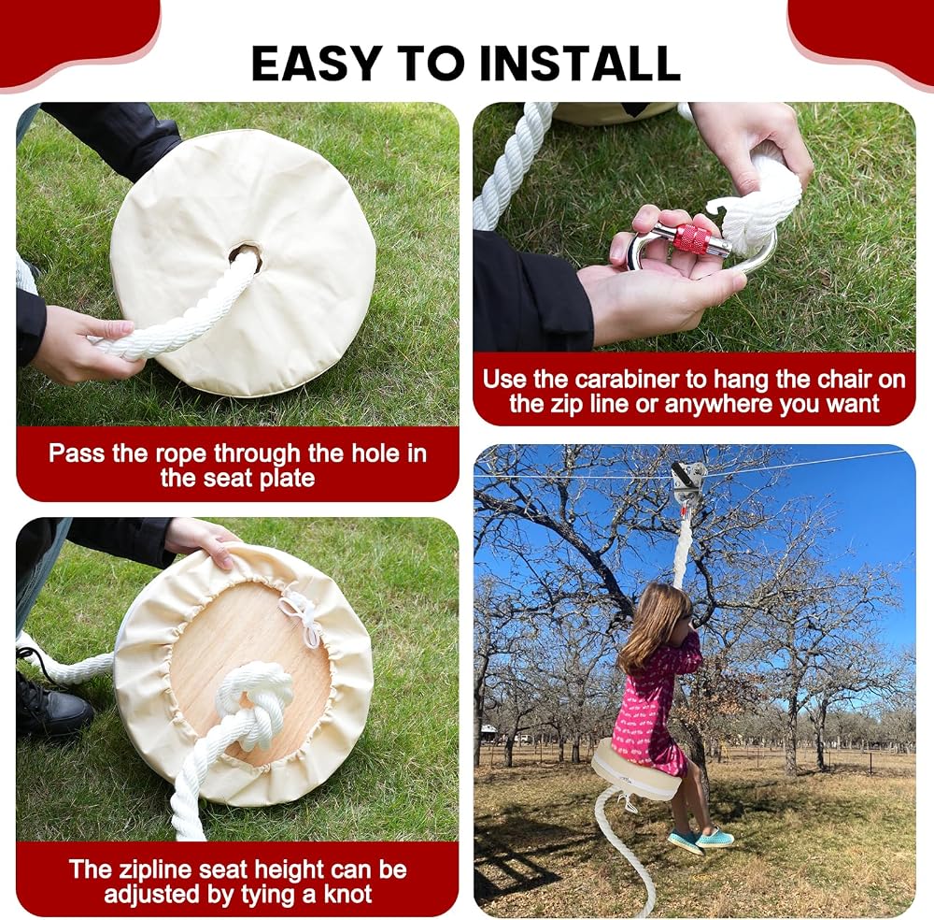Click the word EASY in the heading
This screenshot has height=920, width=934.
(316, 64)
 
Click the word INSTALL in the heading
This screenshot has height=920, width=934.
(580, 64)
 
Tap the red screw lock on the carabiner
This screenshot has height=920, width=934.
(691, 237)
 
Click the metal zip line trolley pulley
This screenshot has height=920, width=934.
(689, 483)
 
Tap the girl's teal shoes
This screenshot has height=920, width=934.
(700, 838)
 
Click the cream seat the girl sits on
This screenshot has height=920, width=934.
(636, 772)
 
